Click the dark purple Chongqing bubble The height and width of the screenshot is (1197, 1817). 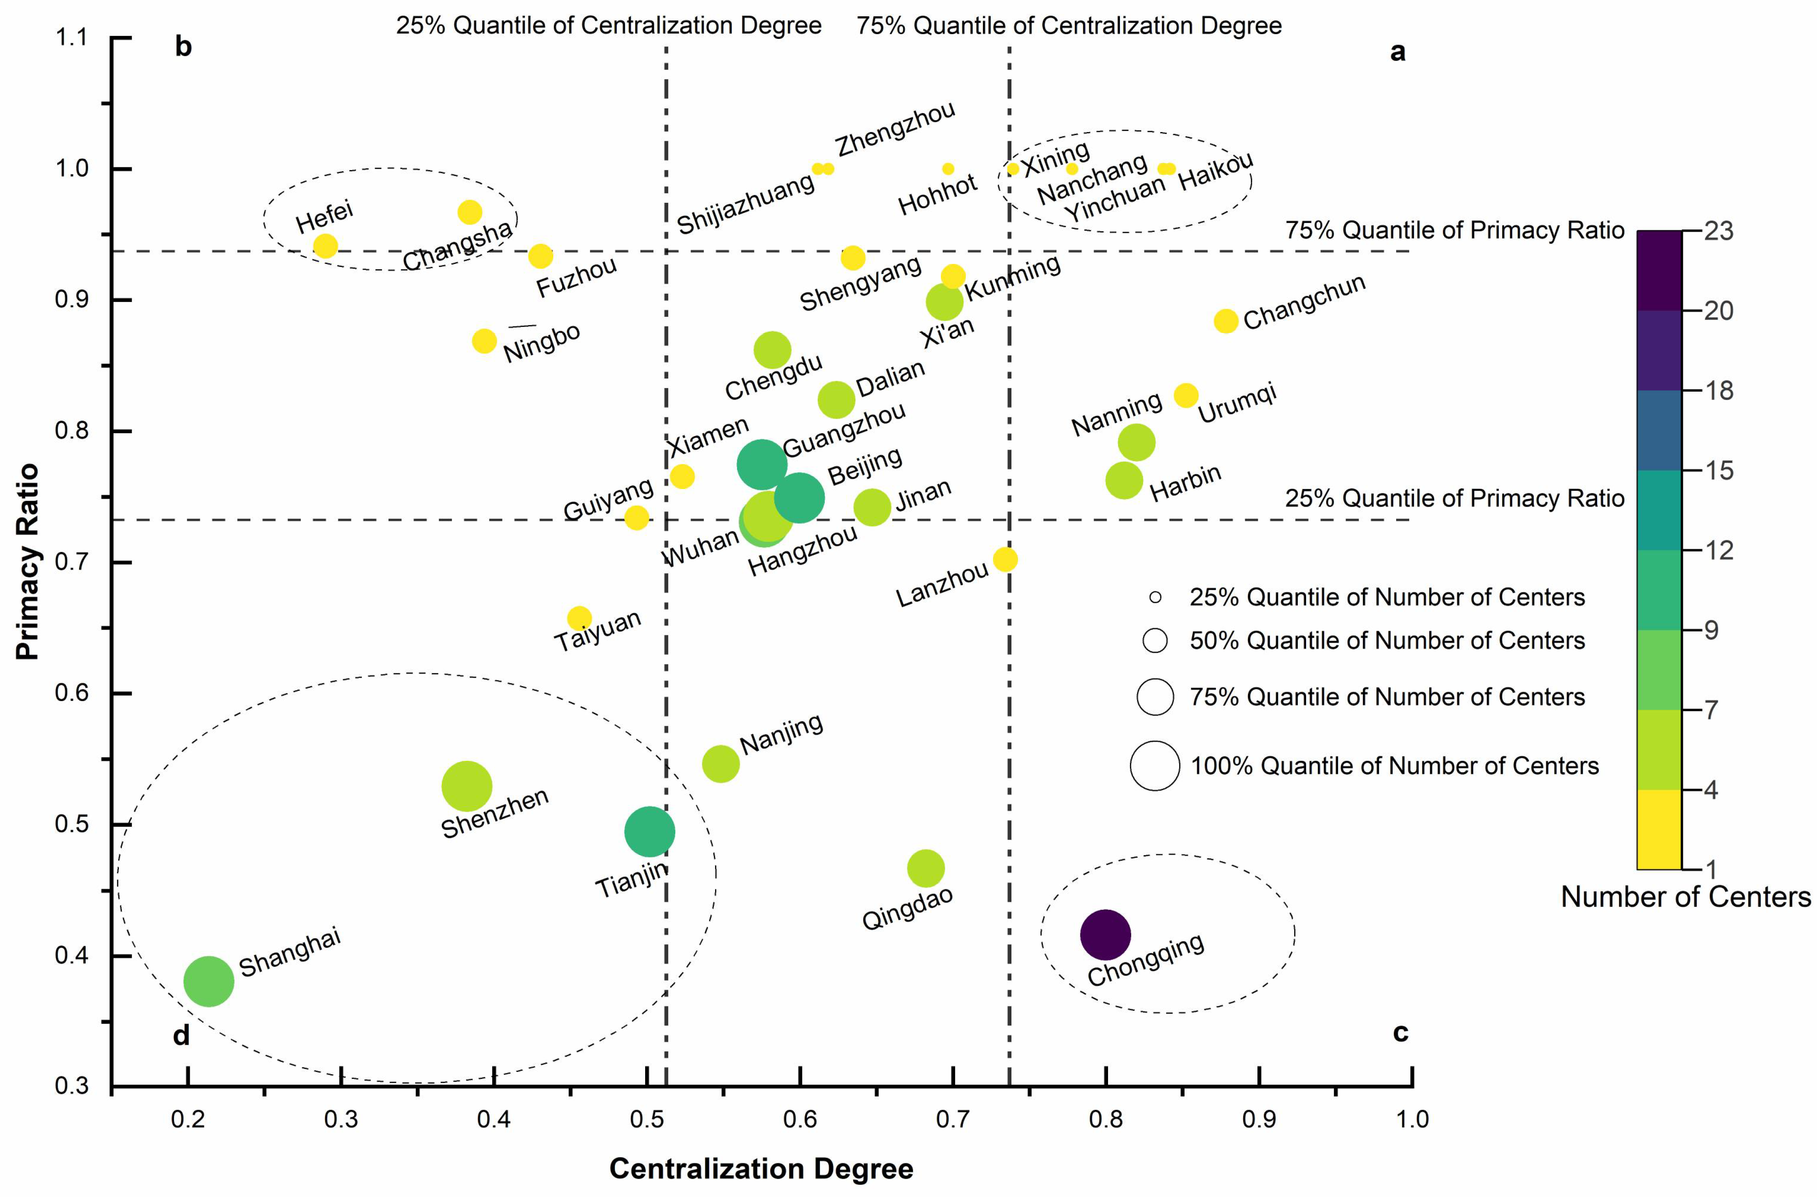point(1105,934)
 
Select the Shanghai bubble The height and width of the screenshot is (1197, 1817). point(208,981)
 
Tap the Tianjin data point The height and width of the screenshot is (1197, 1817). point(649,831)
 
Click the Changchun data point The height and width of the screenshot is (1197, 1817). point(1225,321)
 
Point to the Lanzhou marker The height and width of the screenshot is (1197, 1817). point(1005,559)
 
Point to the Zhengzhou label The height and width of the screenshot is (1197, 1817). point(895,130)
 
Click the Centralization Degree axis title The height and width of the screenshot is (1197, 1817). point(761,1169)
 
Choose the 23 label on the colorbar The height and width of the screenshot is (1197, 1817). point(1718,231)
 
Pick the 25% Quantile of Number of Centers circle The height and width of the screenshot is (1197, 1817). point(1155,597)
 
